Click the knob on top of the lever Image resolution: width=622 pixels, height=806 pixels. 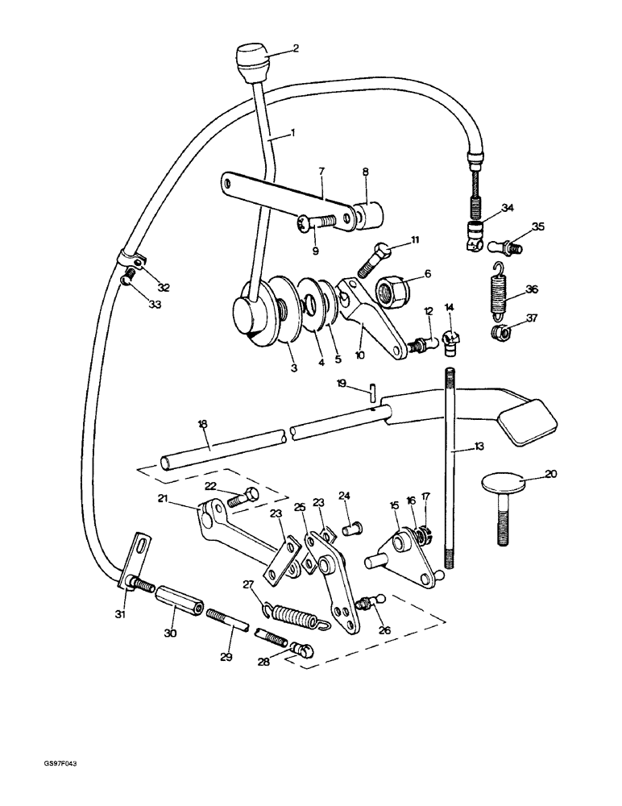pyautogui.click(x=252, y=60)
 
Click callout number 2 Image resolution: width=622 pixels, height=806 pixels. pyautogui.click(x=295, y=48)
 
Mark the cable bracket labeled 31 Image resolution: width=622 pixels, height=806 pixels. pyautogui.click(x=135, y=564)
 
